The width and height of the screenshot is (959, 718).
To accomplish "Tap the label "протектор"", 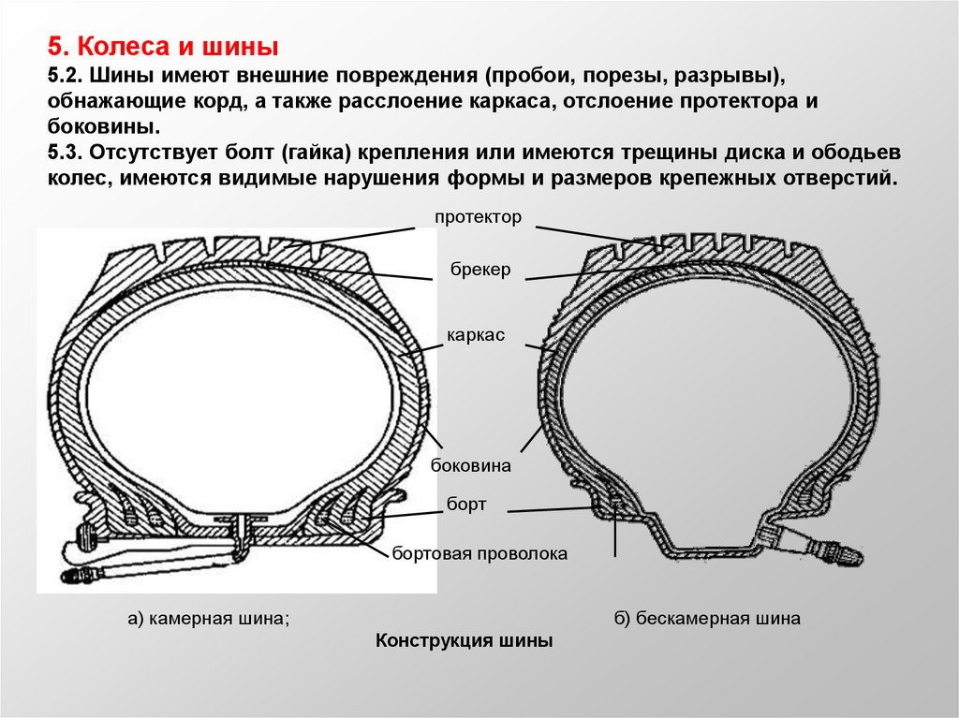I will tap(476, 217).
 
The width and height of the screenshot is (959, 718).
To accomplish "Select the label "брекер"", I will tap(478, 270).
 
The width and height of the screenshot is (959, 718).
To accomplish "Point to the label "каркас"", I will tap(475, 335).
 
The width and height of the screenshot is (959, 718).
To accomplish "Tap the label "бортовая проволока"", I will tap(480, 553).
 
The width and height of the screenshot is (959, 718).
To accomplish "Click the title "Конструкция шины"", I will tap(464, 641).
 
